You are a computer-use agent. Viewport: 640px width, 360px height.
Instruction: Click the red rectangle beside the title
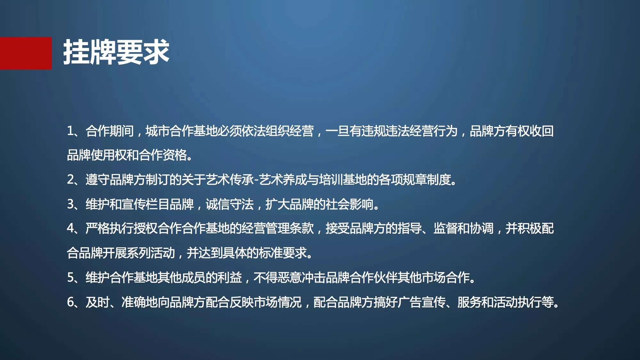click(x=26, y=53)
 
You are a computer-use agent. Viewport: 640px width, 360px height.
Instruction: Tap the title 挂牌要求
click(x=116, y=52)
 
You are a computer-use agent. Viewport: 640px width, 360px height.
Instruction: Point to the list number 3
click(x=70, y=204)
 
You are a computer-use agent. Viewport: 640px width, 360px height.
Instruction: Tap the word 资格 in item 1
click(x=175, y=155)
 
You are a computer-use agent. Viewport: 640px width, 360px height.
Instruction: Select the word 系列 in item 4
click(x=139, y=253)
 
